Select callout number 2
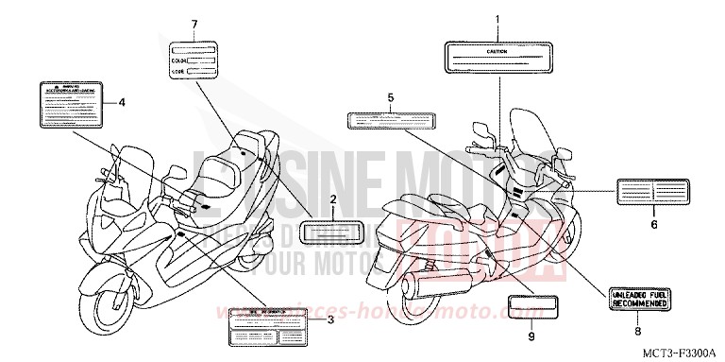[332, 199]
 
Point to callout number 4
[122, 102]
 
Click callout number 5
[389, 97]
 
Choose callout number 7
[194, 23]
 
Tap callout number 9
[531, 336]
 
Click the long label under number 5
[389, 120]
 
